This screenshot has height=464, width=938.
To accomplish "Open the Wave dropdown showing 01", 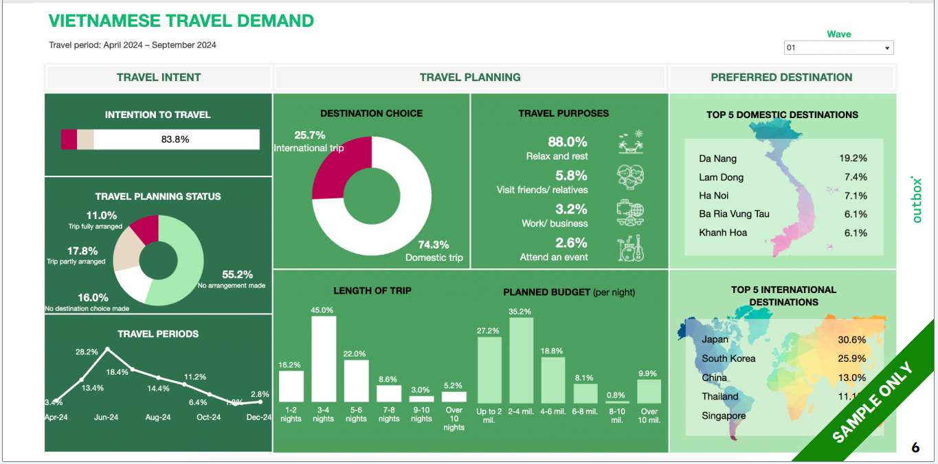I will coord(838,48).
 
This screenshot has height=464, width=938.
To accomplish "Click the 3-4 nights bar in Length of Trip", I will coord(324,359).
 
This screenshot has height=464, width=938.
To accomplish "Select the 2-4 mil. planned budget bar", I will coord(521,360).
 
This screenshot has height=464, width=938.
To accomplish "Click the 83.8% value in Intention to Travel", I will coord(175,139).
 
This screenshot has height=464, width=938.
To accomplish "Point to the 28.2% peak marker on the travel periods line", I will coord(107,349).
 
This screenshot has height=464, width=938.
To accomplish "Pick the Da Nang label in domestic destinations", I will coord(717,159).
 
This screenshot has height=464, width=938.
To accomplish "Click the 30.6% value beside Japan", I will coord(852,340).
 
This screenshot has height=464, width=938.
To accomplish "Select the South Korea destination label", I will coord(728,358).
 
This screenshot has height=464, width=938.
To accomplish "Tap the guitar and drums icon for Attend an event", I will coord(629,248).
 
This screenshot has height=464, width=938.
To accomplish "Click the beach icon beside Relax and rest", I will coord(629,143).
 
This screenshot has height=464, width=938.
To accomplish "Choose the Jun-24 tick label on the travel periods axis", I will coord(106,417).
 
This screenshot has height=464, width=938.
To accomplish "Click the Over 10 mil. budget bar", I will coord(649,391).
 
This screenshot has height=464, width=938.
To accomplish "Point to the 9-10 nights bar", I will coord(421,399).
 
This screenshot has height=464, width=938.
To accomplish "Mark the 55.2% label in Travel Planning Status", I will coord(237,275).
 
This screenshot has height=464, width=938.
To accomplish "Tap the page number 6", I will coord(915,448).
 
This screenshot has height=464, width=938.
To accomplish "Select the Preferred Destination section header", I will coord(781,78).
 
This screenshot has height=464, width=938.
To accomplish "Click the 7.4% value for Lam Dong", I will coord(856,177).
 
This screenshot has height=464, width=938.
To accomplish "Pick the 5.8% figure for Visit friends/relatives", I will coord(571,176).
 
